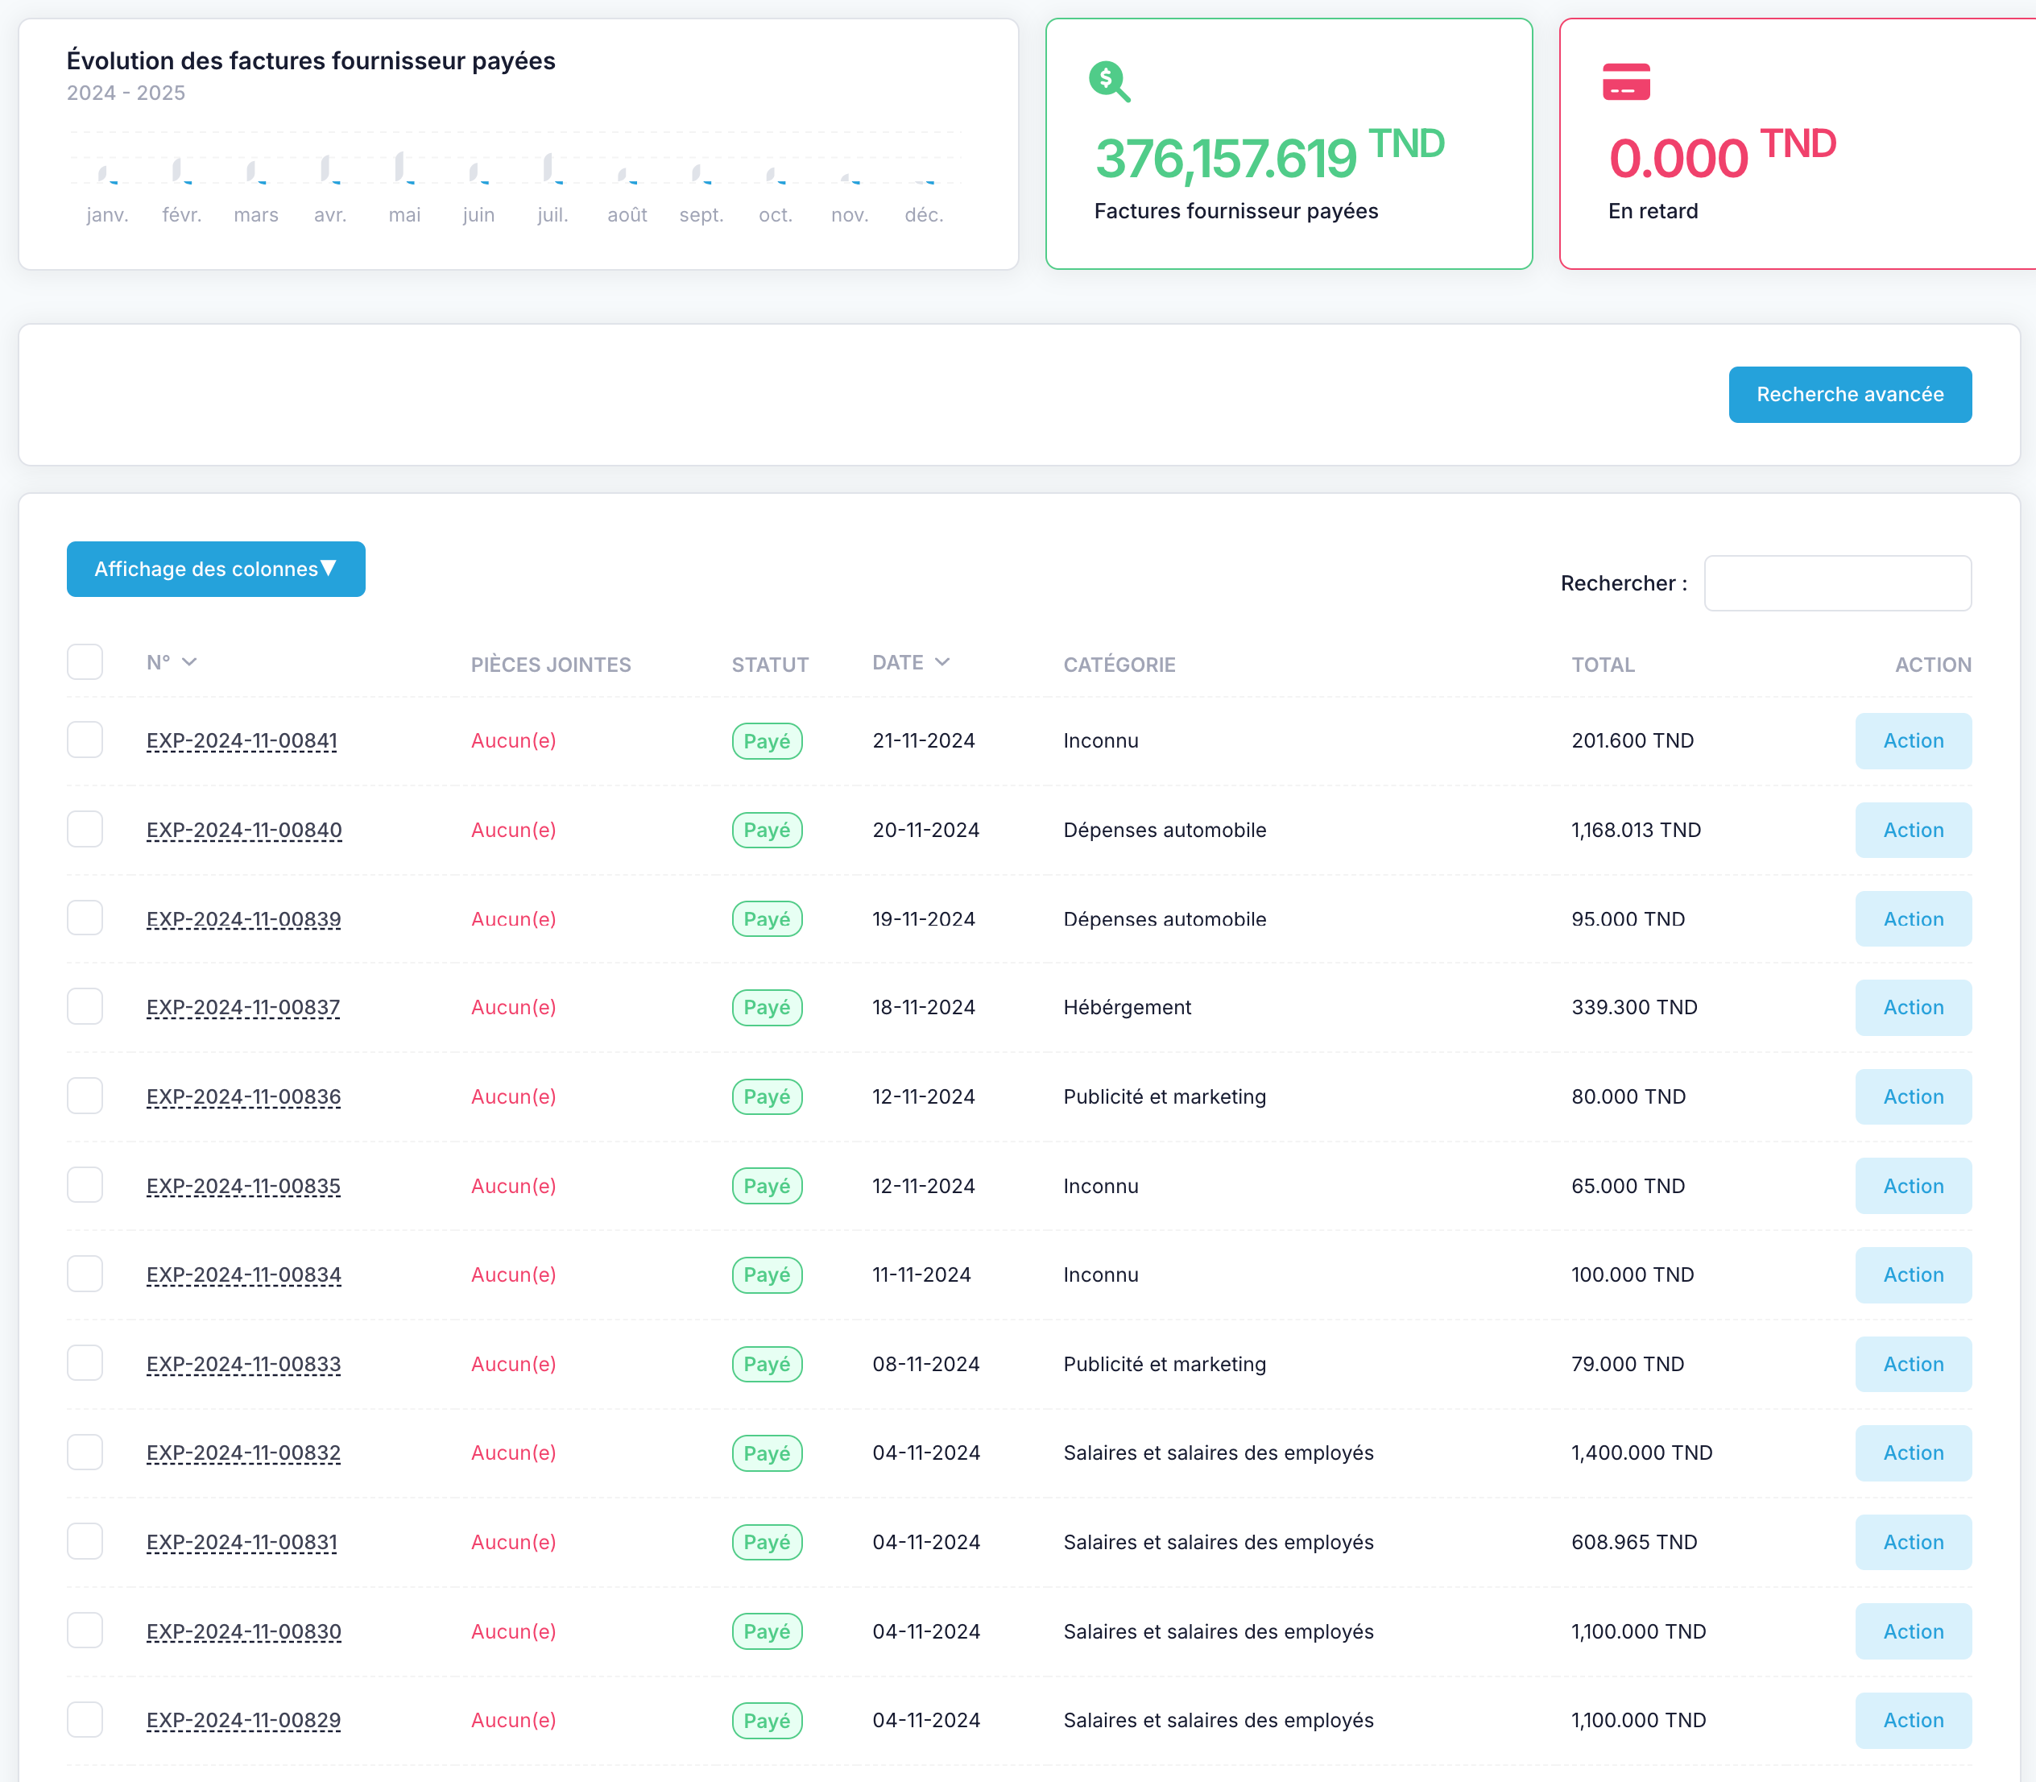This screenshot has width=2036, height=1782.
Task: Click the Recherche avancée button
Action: [1850, 395]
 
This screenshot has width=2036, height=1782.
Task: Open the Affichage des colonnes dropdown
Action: [216, 569]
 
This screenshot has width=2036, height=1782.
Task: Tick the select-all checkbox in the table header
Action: [85, 662]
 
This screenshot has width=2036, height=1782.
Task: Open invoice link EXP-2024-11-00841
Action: [242, 741]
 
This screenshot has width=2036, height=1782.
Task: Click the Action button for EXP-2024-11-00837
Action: [1913, 1007]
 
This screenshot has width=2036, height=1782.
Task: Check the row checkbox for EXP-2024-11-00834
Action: [85, 1274]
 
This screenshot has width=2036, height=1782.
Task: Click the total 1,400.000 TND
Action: [1641, 1453]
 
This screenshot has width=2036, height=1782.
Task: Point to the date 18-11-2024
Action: [924, 1007]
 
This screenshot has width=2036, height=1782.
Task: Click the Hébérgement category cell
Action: [1128, 1007]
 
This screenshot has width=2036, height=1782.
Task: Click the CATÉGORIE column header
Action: [1119, 665]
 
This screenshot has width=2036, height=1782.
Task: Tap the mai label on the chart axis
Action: [404, 215]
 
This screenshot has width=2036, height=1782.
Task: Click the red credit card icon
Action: [1626, 81]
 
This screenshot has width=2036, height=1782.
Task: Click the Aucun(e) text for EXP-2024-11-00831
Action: [513, 1543]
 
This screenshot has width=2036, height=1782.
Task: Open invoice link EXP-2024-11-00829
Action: [243, 1720]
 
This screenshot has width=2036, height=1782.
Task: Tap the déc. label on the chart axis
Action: [924, 215]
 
